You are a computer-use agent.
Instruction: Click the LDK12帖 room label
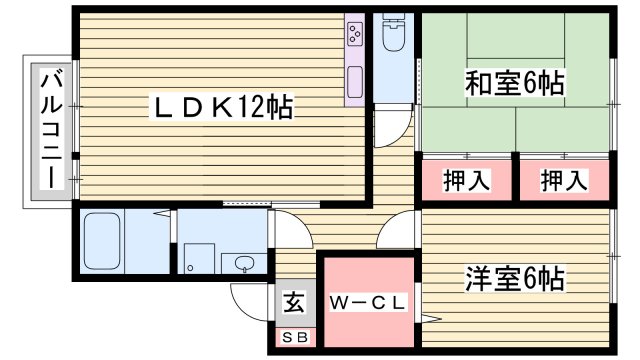(222, 107)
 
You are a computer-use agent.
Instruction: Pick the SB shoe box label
(295, 336)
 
